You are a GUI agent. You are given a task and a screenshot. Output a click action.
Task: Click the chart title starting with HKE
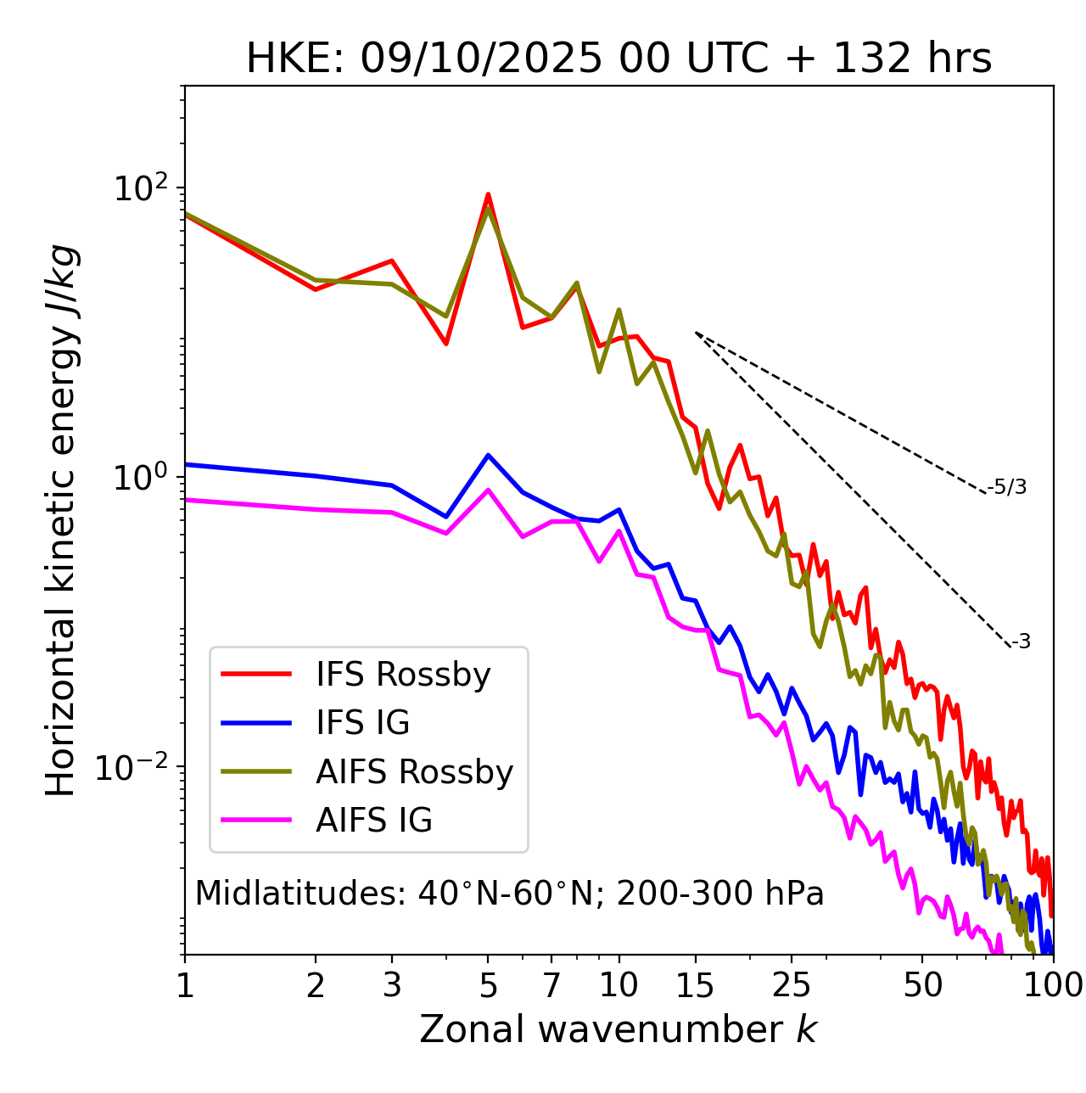619,59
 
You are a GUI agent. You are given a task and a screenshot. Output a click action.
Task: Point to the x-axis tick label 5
488,985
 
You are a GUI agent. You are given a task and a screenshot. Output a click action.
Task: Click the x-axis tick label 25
792,985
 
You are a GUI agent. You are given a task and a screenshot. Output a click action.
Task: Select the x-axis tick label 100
1052,985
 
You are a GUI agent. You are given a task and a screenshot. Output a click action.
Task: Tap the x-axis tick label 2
316,985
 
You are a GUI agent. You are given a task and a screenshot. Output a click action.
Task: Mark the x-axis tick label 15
695,985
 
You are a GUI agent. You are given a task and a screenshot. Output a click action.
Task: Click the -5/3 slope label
1007,487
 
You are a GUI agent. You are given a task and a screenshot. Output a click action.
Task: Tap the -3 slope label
1021,642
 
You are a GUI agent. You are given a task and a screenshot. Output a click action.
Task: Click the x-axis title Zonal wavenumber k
619,1029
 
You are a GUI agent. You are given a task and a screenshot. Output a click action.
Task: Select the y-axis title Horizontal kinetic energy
61,519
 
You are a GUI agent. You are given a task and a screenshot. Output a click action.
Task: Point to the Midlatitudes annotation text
509,894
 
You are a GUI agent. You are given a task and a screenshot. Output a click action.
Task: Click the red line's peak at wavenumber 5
488,194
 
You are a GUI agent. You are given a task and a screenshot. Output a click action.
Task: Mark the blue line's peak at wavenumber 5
488,455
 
